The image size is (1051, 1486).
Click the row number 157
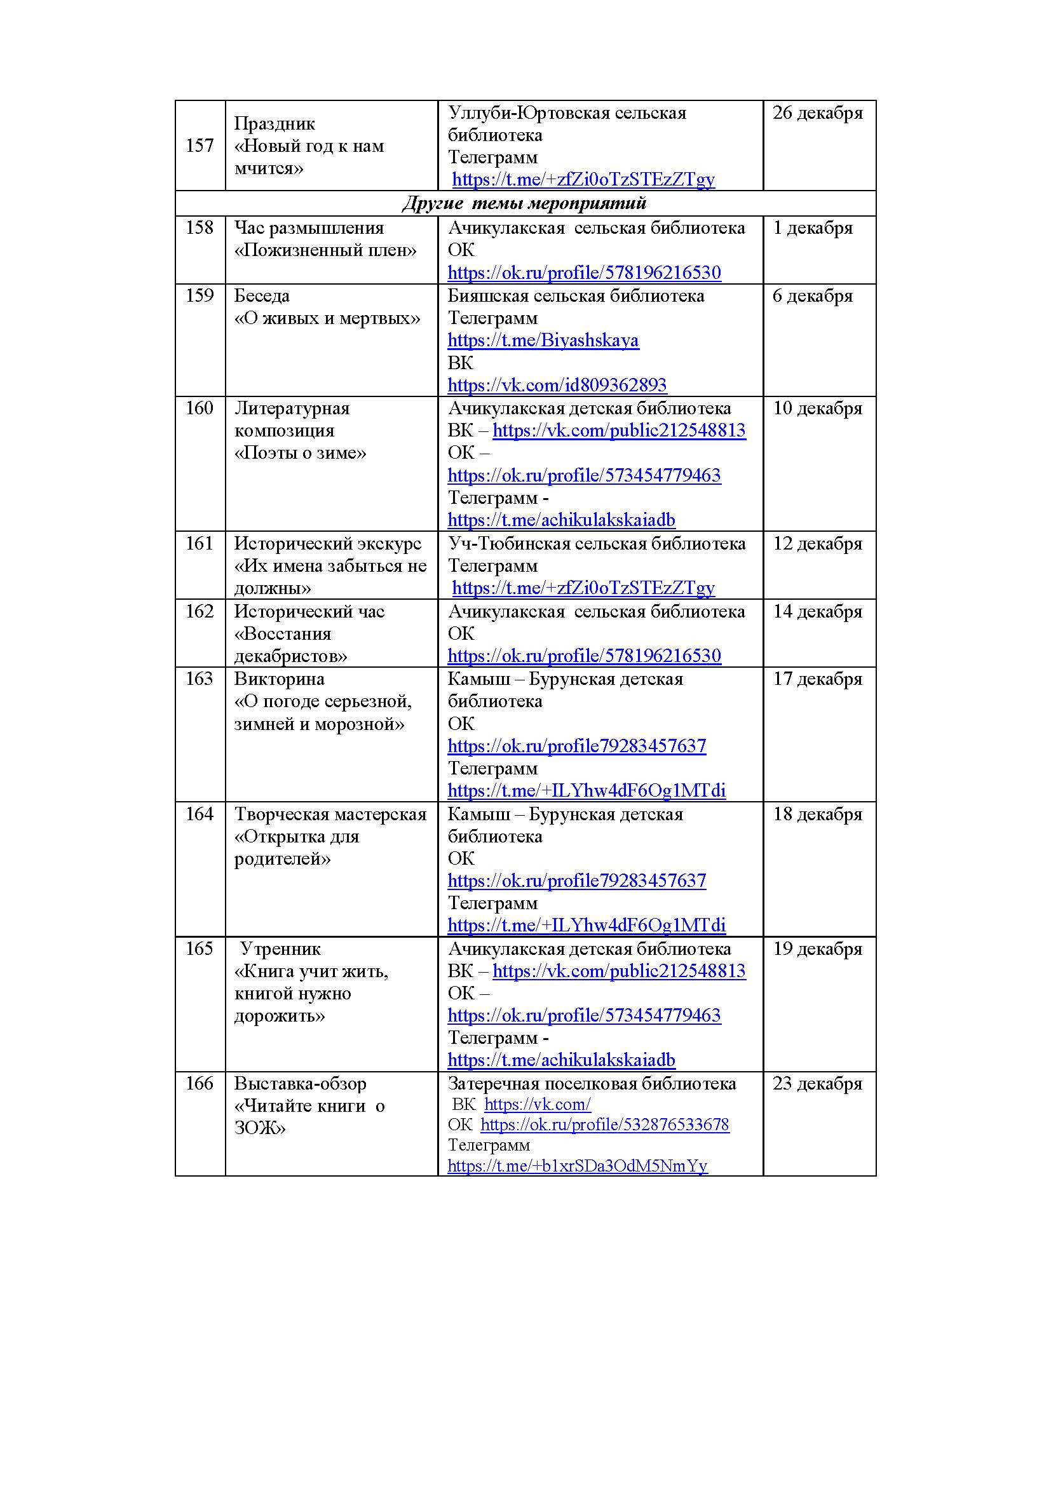[x=200, y=145]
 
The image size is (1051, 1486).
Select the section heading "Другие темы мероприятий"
[x=524, y=203]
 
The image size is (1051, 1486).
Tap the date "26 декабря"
[x=817, y=112]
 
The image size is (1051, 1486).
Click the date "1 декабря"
[x=813, y=228]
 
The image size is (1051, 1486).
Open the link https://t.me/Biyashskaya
[x=543, y=341]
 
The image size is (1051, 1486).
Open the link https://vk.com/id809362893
[x=557, y=385]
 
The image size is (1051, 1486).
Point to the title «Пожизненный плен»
[x=325, y=250]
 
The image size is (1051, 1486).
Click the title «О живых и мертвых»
[x=327, y=318]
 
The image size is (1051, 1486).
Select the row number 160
[x=200, y=408]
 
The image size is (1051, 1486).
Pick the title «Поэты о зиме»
[x=301, y=453]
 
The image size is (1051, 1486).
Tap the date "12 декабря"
[x=817, y=544]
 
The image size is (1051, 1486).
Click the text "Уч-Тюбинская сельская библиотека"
[x=597, y=544]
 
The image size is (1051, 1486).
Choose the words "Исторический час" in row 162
[x=309, y=612]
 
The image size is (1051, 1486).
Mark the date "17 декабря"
[x=817, y=679]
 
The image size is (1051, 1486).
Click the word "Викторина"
[x=280, y=679]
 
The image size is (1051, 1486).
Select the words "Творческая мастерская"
[x=330, y=814]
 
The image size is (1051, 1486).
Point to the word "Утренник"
[x=280, y=949]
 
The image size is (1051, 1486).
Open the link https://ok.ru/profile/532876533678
[x=604, y=1125]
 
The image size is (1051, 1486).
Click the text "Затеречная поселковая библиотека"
[x=592, y=1083]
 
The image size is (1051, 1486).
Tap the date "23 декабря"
[x=817, y=1083]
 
